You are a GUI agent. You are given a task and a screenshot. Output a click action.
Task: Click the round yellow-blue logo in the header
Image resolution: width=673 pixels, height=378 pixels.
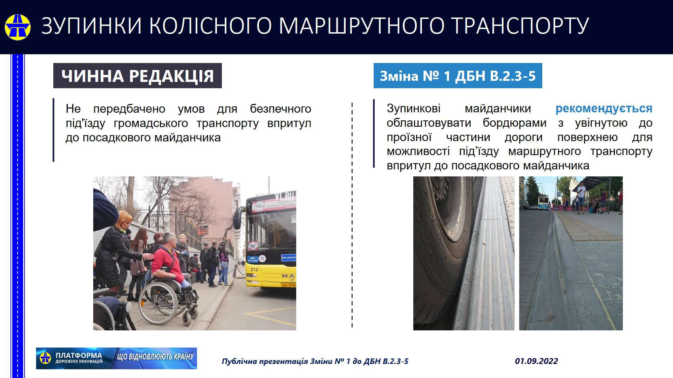pos(18,27)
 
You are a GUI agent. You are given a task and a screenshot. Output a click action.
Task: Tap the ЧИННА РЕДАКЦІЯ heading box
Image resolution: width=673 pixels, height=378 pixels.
pos(137,76)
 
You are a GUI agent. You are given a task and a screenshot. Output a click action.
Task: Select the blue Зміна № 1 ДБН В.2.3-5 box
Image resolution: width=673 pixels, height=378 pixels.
pos(458,76)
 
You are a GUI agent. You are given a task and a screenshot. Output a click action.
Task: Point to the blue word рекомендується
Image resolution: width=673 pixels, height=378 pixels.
pos(604,108)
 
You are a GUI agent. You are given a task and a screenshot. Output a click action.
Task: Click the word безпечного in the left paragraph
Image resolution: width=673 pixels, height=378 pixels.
pos(280,109)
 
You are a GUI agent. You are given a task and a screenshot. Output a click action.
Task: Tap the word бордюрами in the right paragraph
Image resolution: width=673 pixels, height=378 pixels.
pos(514,123)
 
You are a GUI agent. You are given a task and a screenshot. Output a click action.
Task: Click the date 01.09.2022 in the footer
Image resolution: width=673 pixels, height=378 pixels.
pos(536,361)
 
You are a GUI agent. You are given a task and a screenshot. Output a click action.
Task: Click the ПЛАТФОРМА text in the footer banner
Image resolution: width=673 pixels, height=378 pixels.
pos(79,356)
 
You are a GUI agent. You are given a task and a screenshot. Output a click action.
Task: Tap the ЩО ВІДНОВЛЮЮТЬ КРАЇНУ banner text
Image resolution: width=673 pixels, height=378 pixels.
pos(155,357)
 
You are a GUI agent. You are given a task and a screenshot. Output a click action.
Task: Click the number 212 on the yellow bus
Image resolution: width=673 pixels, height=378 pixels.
pos(254,269)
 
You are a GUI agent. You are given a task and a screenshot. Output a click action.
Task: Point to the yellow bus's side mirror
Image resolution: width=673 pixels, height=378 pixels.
pos(238,218)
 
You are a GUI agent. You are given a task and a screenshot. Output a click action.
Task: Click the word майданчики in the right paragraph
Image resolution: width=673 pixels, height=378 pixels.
pos(498,108)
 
